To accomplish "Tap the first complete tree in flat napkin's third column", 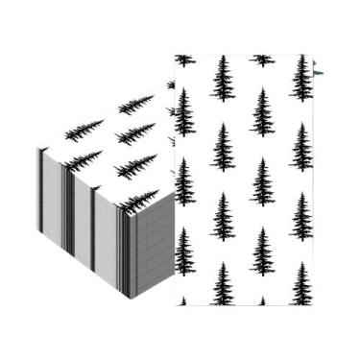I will pyautogui.click(x=260, y=111).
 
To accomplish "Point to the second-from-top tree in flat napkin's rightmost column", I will pyautogui.click(x=299, y=148).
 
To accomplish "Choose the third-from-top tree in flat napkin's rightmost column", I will pyautogui.click(x=299, y=217).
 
